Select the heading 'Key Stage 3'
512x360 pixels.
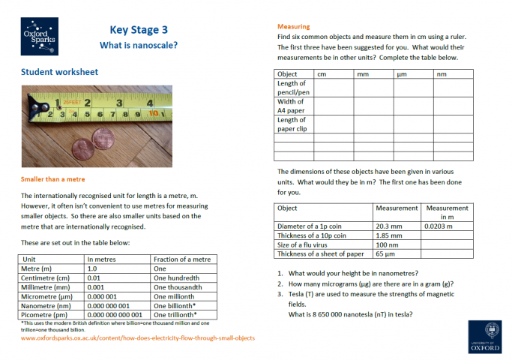(x=139, y=30)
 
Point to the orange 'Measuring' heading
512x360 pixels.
(x=293, y=26)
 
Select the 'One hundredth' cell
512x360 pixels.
(x=178, y=277)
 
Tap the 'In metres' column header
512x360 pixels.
(x=102, y=259)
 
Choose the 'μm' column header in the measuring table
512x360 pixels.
(x=402, y=74)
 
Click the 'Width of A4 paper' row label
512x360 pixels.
(x=292, y=106)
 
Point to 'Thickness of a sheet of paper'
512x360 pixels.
(x=322, y=253)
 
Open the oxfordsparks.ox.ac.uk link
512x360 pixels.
(x=137, y=337)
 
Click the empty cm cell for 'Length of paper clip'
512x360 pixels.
(x=332, y=124)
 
